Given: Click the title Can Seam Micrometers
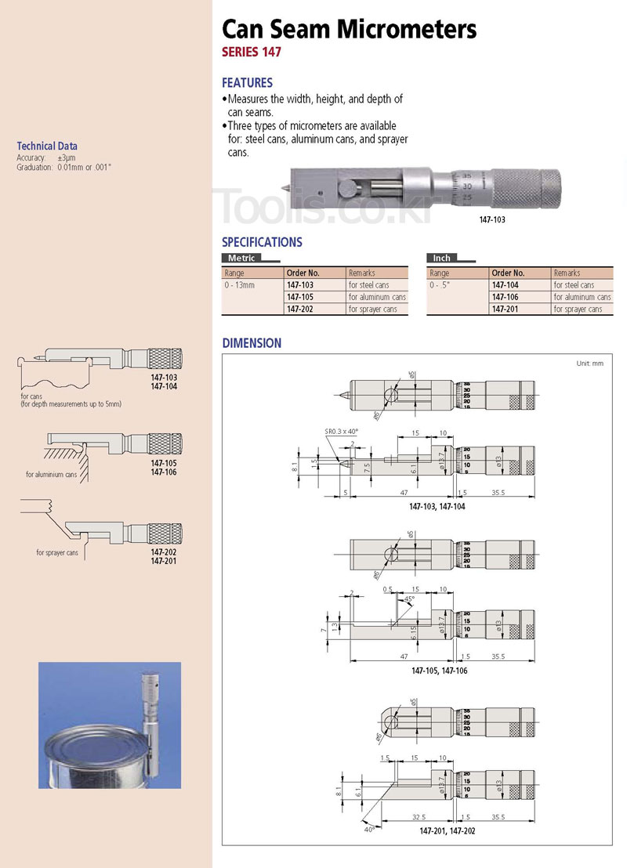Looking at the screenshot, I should (349, 30).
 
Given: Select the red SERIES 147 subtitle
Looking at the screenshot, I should (251, 53).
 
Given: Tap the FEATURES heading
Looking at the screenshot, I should (247, 82).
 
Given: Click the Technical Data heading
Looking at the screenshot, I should (47, 146).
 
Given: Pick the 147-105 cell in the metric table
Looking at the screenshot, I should (300, 297).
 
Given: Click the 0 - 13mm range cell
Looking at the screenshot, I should (240, 285).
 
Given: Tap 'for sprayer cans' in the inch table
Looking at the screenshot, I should (578, 309).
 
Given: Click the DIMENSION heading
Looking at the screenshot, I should (251, 343).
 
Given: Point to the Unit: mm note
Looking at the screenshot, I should (589, 363).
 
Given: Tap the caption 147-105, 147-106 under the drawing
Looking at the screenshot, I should (439, 671).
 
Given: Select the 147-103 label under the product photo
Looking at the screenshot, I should (492, 220).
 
